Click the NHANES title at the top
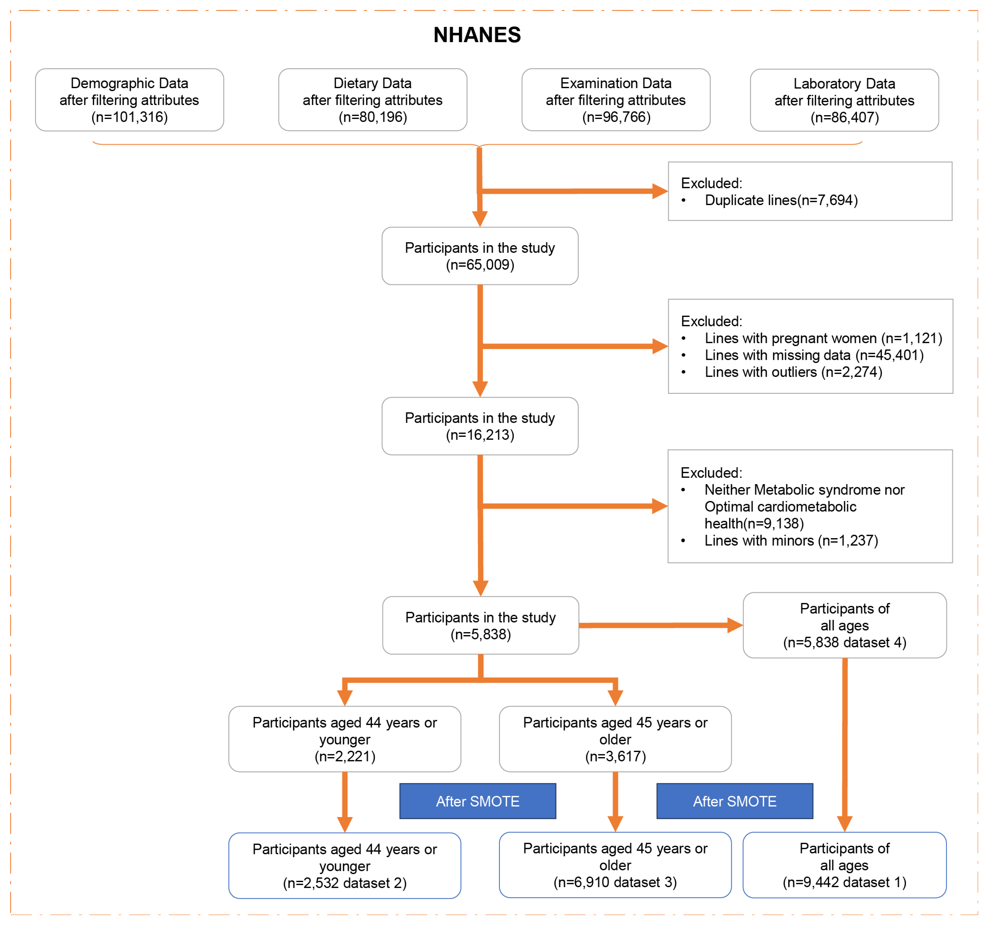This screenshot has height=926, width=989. click(x=477, y=35)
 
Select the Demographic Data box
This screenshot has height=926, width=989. click(x=129, y=100)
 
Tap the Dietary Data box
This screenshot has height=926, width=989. click(x=373, y=100)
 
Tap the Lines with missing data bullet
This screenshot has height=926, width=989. click(x=814, y=355)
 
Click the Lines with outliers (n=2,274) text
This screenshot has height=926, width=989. click(x=793, y=372)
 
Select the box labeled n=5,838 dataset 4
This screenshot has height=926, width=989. click(x=844, y=625)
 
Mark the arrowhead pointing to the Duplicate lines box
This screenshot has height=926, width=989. click(x=659, y=191)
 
